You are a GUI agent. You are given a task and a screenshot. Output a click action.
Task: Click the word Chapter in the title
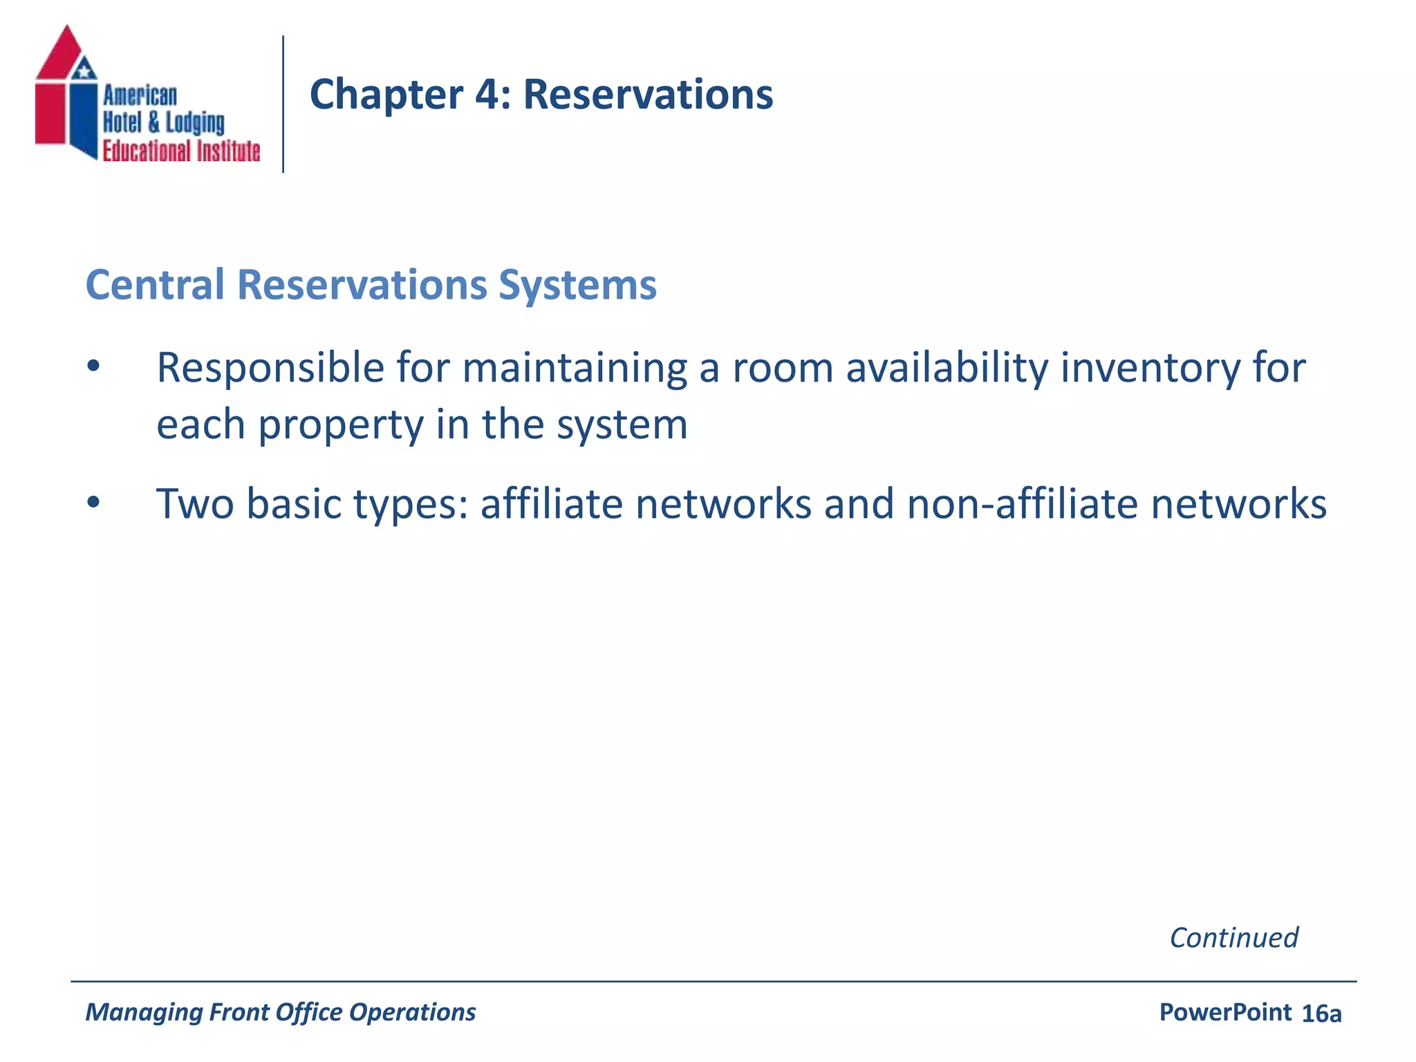pyautogui.click(x=386, y=95)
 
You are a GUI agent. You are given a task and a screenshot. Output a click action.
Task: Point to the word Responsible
pyautogui.click(x=270, y=368)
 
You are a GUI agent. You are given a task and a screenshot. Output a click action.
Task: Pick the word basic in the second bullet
pyautogui.click(x=295, y=503)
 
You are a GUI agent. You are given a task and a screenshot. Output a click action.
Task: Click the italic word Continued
pyautogui.click(x=1233, y=938)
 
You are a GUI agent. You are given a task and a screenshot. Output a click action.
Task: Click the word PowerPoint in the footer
pyautogui.click(x=1225, y=1012)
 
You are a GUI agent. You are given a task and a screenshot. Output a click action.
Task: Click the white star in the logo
pyautogui.click(x=84, y=69)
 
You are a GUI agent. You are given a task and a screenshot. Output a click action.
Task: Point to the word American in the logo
pyautogui.click(x=140, y=95)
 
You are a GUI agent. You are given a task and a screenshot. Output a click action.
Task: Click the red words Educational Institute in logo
pyautogui.click(x=181, y=151)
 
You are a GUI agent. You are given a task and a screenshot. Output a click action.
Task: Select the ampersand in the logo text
pyautogui.click(x=153, y=123)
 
